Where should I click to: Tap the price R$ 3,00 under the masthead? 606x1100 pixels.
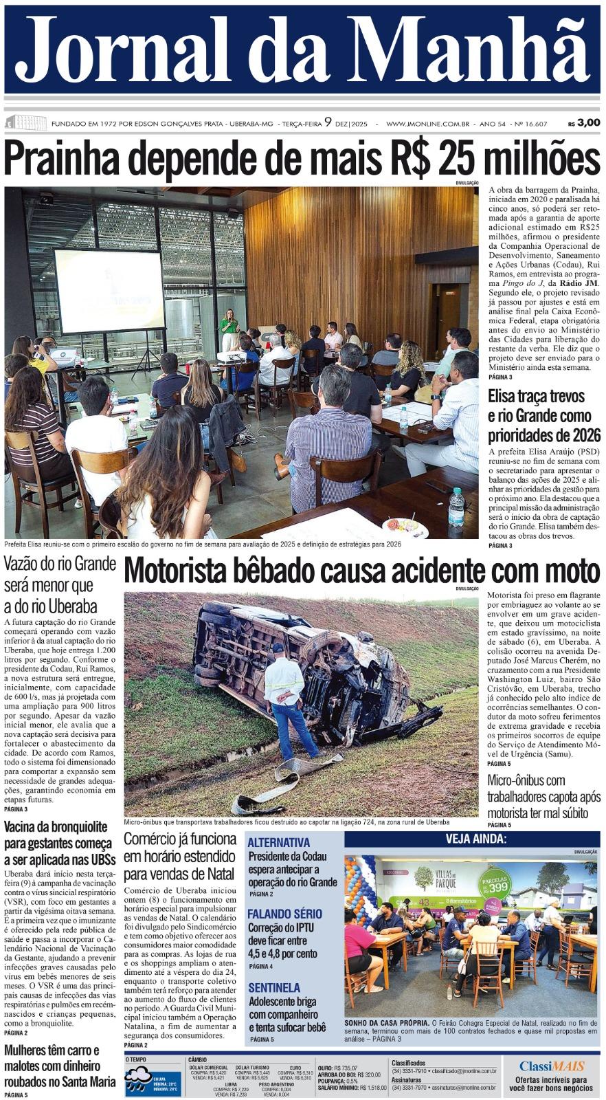click(x=583, y=123)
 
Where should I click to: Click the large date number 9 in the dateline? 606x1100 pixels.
click(x=328, y=122)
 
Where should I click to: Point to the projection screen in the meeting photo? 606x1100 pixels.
click(x=109, y=290)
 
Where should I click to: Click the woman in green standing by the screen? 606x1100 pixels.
click(x=229, y=328)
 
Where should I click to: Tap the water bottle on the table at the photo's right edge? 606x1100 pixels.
click(x=456, y=507)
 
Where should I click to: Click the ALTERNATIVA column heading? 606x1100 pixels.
click(x=278, y=842)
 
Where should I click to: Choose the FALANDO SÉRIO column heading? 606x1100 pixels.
click(x=284, y=914)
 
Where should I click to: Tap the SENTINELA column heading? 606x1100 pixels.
click(x=274, y=987)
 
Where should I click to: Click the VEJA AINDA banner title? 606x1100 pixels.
click(x=476, y=839)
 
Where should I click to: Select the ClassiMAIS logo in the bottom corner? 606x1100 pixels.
click(x=552, y=1066)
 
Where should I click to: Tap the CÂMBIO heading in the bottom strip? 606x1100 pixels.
click(x=197, y=1060)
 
